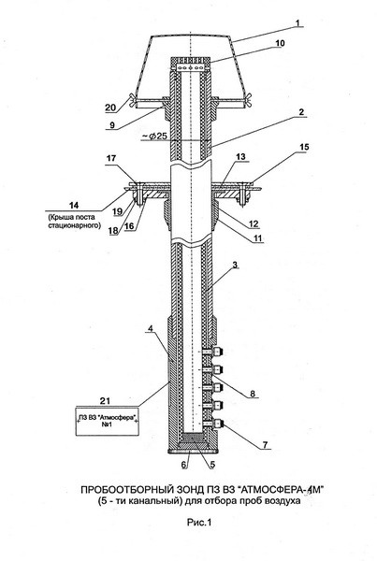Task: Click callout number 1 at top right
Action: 298,22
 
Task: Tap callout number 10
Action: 280,43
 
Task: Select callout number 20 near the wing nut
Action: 110,108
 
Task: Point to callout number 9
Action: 112,125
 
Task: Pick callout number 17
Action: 111,157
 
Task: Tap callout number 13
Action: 241,156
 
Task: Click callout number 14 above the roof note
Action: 74,206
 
